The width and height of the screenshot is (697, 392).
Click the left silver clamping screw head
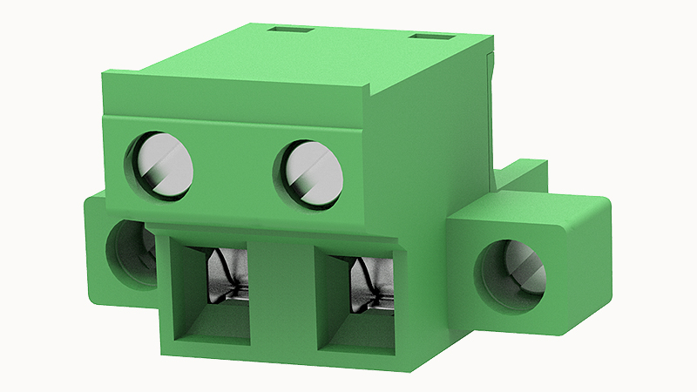163,166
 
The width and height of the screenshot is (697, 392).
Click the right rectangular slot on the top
431,38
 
